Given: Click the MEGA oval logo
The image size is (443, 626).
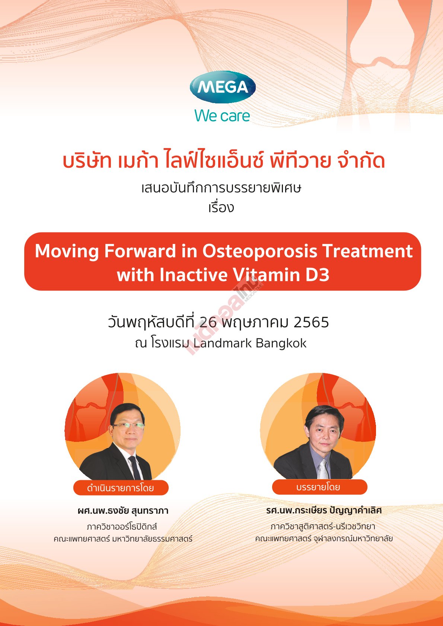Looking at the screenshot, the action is coord(223,87).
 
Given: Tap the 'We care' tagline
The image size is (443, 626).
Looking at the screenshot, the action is coord(222,116).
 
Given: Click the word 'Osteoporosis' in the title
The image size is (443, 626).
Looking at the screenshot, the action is coord(260,251).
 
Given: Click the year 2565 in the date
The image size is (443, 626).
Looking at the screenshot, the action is coord(311,322).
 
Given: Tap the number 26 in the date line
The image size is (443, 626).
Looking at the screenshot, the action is coord(208,322).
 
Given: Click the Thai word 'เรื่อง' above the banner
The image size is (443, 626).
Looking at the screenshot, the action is coord(221,208).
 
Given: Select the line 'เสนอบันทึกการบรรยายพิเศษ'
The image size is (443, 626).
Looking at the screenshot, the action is coord(221,188).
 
